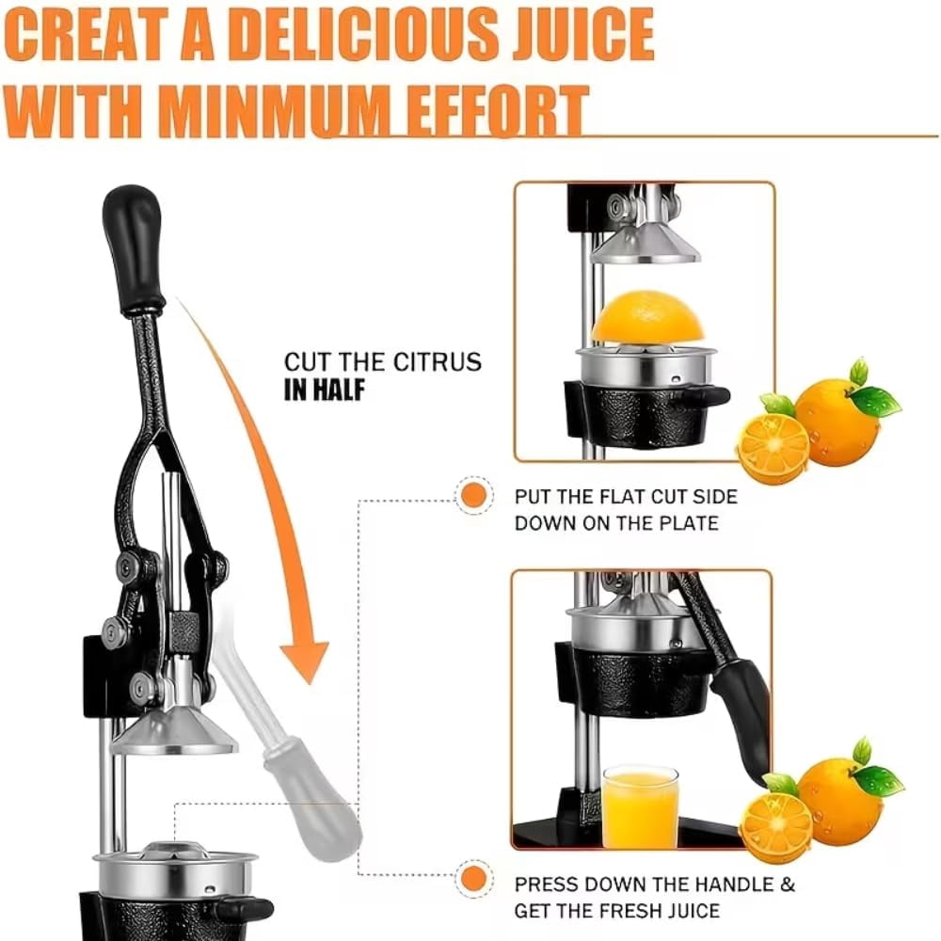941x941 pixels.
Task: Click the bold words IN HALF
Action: click(324, 390)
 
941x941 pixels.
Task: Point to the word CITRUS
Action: click(438, 362)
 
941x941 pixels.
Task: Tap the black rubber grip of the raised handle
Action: click(133, 248)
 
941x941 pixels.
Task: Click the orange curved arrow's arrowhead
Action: click(306, 662)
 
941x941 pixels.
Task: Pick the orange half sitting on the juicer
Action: click(648, 318)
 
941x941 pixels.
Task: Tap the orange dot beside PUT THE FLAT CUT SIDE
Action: click(474, 496)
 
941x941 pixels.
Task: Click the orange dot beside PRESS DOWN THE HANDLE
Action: click(474, 879)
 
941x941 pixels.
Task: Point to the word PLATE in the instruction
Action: click(689, 523)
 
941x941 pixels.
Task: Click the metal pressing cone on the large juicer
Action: click(175, 732)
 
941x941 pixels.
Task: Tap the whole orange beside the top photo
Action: click(839, 419)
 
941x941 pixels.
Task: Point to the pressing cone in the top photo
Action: click(646, 243)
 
